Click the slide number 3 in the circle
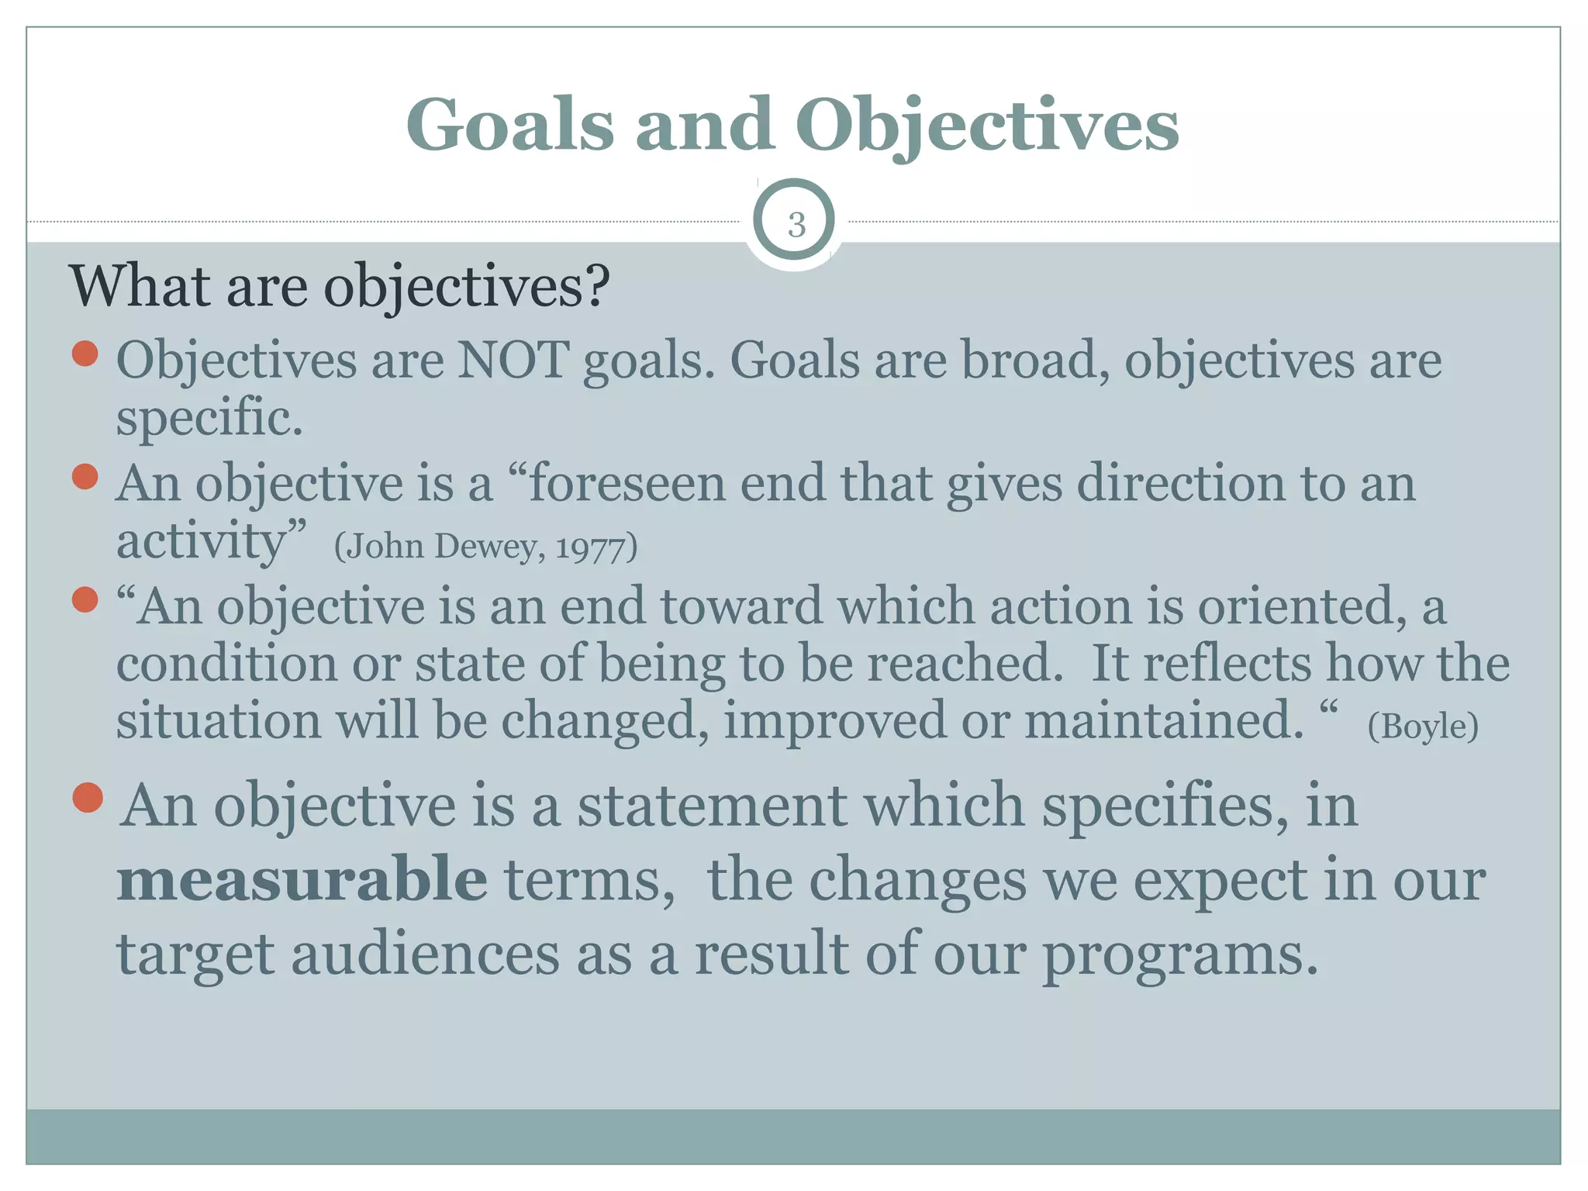click(796, 225)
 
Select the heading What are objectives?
click(339, 287)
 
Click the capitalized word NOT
click(513, 361)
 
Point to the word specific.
click(209, 418)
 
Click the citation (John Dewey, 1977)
click(485, 547)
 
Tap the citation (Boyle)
click(1423, 727)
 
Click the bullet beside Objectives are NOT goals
click(85, 354)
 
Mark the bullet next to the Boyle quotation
click(85, 599)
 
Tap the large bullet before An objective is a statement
click(88, 797)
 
